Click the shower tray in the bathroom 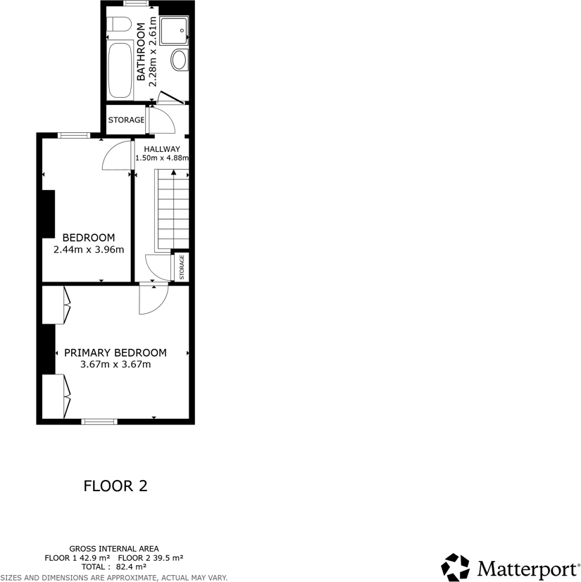pyautogui.click(x=174, y=30)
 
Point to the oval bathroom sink pyautogui.click(x=180, y=60)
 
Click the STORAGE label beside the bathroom pyautogui.click(x=126, y=120)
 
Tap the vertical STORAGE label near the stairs pyautogui.click(x=182, y=267)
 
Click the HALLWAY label pyautogui.click(x=162, y=149)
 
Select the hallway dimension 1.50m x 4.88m pyautogui.click(x=162, y=158)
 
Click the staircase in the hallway pyautogui.click(x=173, y=211)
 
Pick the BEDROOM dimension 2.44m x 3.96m pyautogui.click(x=89, y=249)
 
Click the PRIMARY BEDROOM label pyautogui.click(x=115, y=353)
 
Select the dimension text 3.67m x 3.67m pyautogui.click(x=115, y=365)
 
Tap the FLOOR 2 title pyautogui.click(x=115, y=486)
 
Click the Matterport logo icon pyautogui.click(x=456, y=567)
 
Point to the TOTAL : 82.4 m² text pyautogui.click(x=114, y=567)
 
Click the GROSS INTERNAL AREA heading pyautogui.click(x=114, y=548)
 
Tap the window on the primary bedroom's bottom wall pyautogui.click(x=99, y=422)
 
